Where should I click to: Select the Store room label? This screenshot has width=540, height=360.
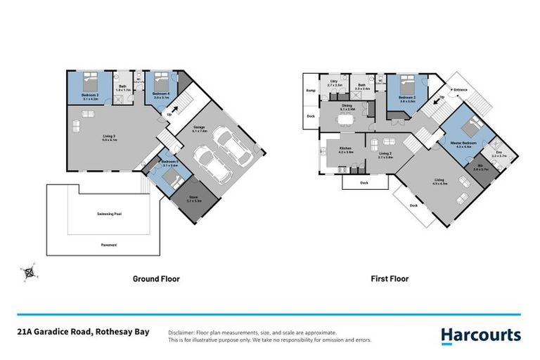point(195,199)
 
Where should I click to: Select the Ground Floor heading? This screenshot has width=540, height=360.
point(156,279)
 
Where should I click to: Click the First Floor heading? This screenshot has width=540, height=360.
point(390,279)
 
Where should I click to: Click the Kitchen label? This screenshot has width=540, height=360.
point(345,149)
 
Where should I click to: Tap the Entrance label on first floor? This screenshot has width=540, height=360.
point(461,90)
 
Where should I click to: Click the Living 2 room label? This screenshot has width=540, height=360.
point(385,154)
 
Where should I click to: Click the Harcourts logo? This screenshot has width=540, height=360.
point(481,335)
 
